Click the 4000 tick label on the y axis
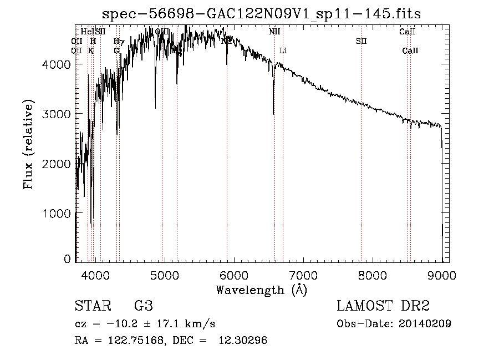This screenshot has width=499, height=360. tap(56, 64)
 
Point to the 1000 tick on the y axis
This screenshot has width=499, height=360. tap(56, 214)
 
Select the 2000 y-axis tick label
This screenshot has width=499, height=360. tap(56, 164)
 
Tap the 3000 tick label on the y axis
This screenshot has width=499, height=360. tap(56, 114)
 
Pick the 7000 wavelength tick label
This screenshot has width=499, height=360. tap(303, 275)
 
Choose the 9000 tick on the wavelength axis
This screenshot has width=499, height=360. tap(442, 275)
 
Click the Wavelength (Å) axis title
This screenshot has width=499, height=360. tap(261, 290)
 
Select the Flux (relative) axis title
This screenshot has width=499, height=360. tap(29, 144)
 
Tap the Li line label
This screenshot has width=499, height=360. tap(283, 50)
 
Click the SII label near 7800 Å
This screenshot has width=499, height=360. tap(361, 41)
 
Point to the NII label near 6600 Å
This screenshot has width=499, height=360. tap(274, 32)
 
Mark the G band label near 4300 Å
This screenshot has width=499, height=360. tap(116, 50)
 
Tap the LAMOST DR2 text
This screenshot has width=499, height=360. tap(383, 307)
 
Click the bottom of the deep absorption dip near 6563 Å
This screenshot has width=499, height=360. tap(273, 114)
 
